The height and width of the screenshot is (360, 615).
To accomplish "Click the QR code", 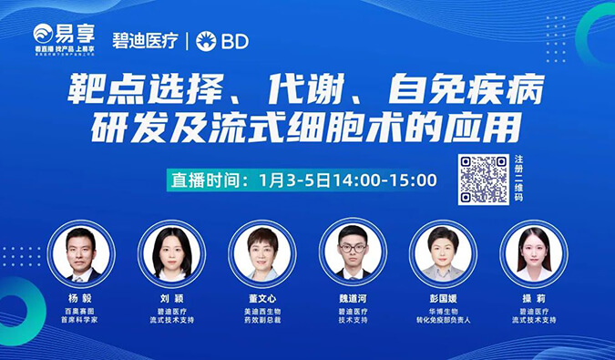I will click(484, 180).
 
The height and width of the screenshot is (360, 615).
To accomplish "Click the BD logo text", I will click(221, 41).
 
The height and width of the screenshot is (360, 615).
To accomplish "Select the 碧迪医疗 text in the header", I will click(144, 41).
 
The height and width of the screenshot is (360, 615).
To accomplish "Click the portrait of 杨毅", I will click(81, 252).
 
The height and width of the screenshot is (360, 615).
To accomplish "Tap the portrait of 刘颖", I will click(171, 252).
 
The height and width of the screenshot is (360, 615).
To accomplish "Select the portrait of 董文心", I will click(261, 252).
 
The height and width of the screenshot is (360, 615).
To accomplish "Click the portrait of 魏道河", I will click(353, 252).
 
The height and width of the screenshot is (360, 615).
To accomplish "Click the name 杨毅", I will click(81, 299).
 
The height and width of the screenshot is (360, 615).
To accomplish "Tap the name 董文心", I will click(261, 299).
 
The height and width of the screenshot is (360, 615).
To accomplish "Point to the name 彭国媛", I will click(443, 299).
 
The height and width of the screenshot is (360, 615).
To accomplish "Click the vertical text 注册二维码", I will click(519, 180).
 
